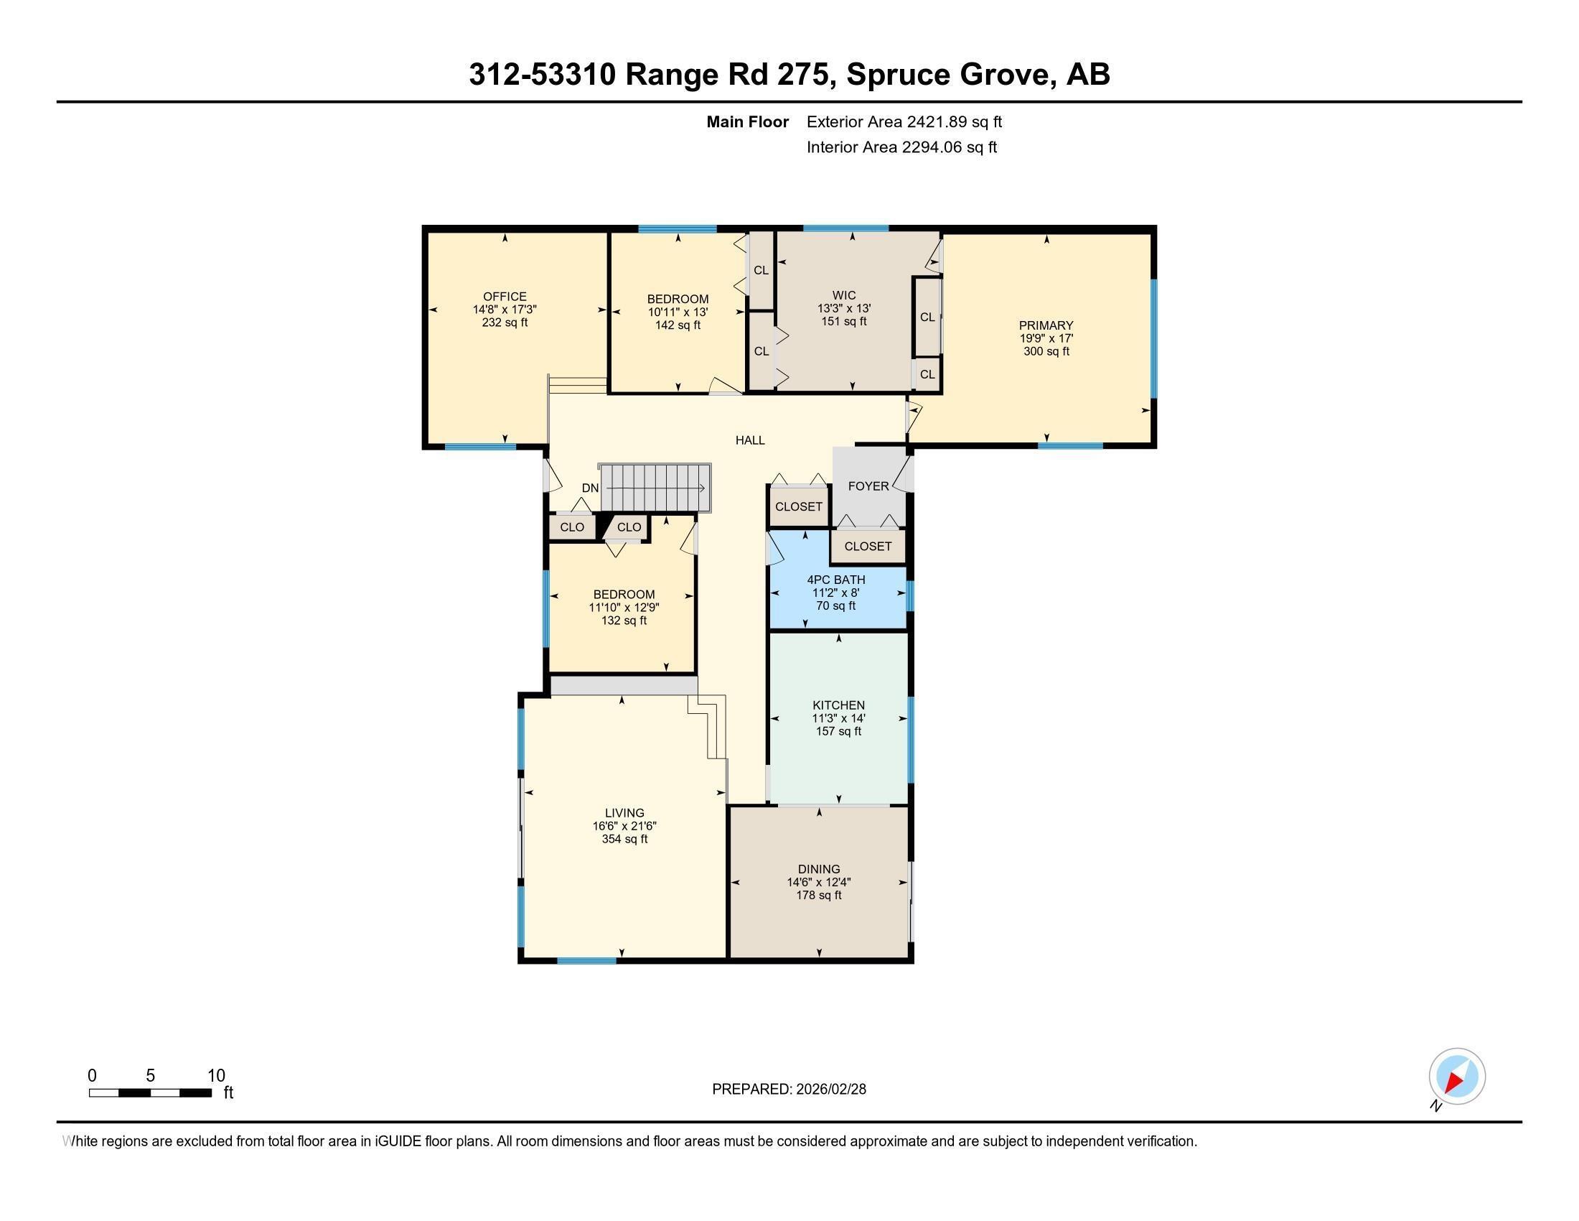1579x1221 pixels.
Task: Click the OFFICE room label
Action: pyautogui.click(x=505, y=297)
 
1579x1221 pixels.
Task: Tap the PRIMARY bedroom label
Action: pyautogui.click(x=1046, y=325)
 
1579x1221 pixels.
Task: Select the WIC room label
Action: pyautogui.click(x=844, y=295)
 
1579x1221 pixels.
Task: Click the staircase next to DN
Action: pyautogui.click(x=656, y=488)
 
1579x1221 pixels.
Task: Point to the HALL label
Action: pyautogui.click(x=750, y=440)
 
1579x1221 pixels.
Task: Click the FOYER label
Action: pyautogui.click(x=868, y=486)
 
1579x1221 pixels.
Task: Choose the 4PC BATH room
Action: pyautogui.click(x=835, y=592)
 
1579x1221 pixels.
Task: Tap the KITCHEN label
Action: pyautogui.click(x=838, y=705)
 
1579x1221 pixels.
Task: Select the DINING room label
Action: pyautogui.click(x=818, y=870)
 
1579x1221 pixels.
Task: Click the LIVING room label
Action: pyautogui.click(x=624, y=813)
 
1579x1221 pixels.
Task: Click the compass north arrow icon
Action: pyautogui.click(x=1457, y=1077)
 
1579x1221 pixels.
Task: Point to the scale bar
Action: pyautogui.click(x=151, y=1092)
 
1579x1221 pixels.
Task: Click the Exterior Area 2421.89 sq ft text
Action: pyautogui.click(x=904, y=121)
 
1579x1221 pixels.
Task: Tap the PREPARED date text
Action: pyautogui.click(x=789, y=1090)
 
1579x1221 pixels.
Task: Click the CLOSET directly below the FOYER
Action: pyautogui.click(x=868, y=546)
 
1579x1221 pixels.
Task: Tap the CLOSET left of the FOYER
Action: pyautogui.click(x=798, y=506)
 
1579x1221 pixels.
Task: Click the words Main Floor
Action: pyautogui.click(x=747, y=121)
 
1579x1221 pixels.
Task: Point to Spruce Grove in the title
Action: pyautogui.click(x=948, y=74)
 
